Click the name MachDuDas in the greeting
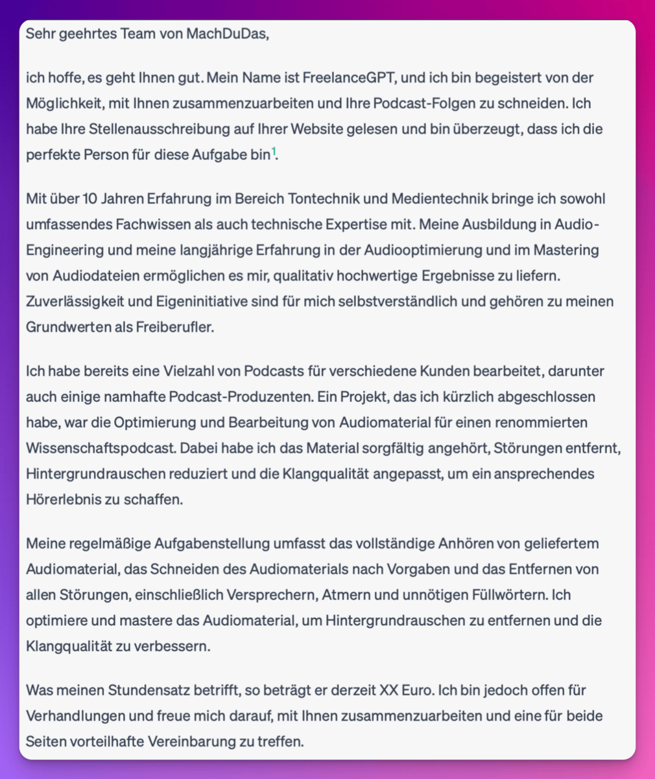(x=227, y=34)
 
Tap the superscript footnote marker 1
(x=274, y=153)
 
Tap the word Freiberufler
(x=174, y=327)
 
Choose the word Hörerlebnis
(x=64, y=500)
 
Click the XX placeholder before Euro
(x=387, y=690)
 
